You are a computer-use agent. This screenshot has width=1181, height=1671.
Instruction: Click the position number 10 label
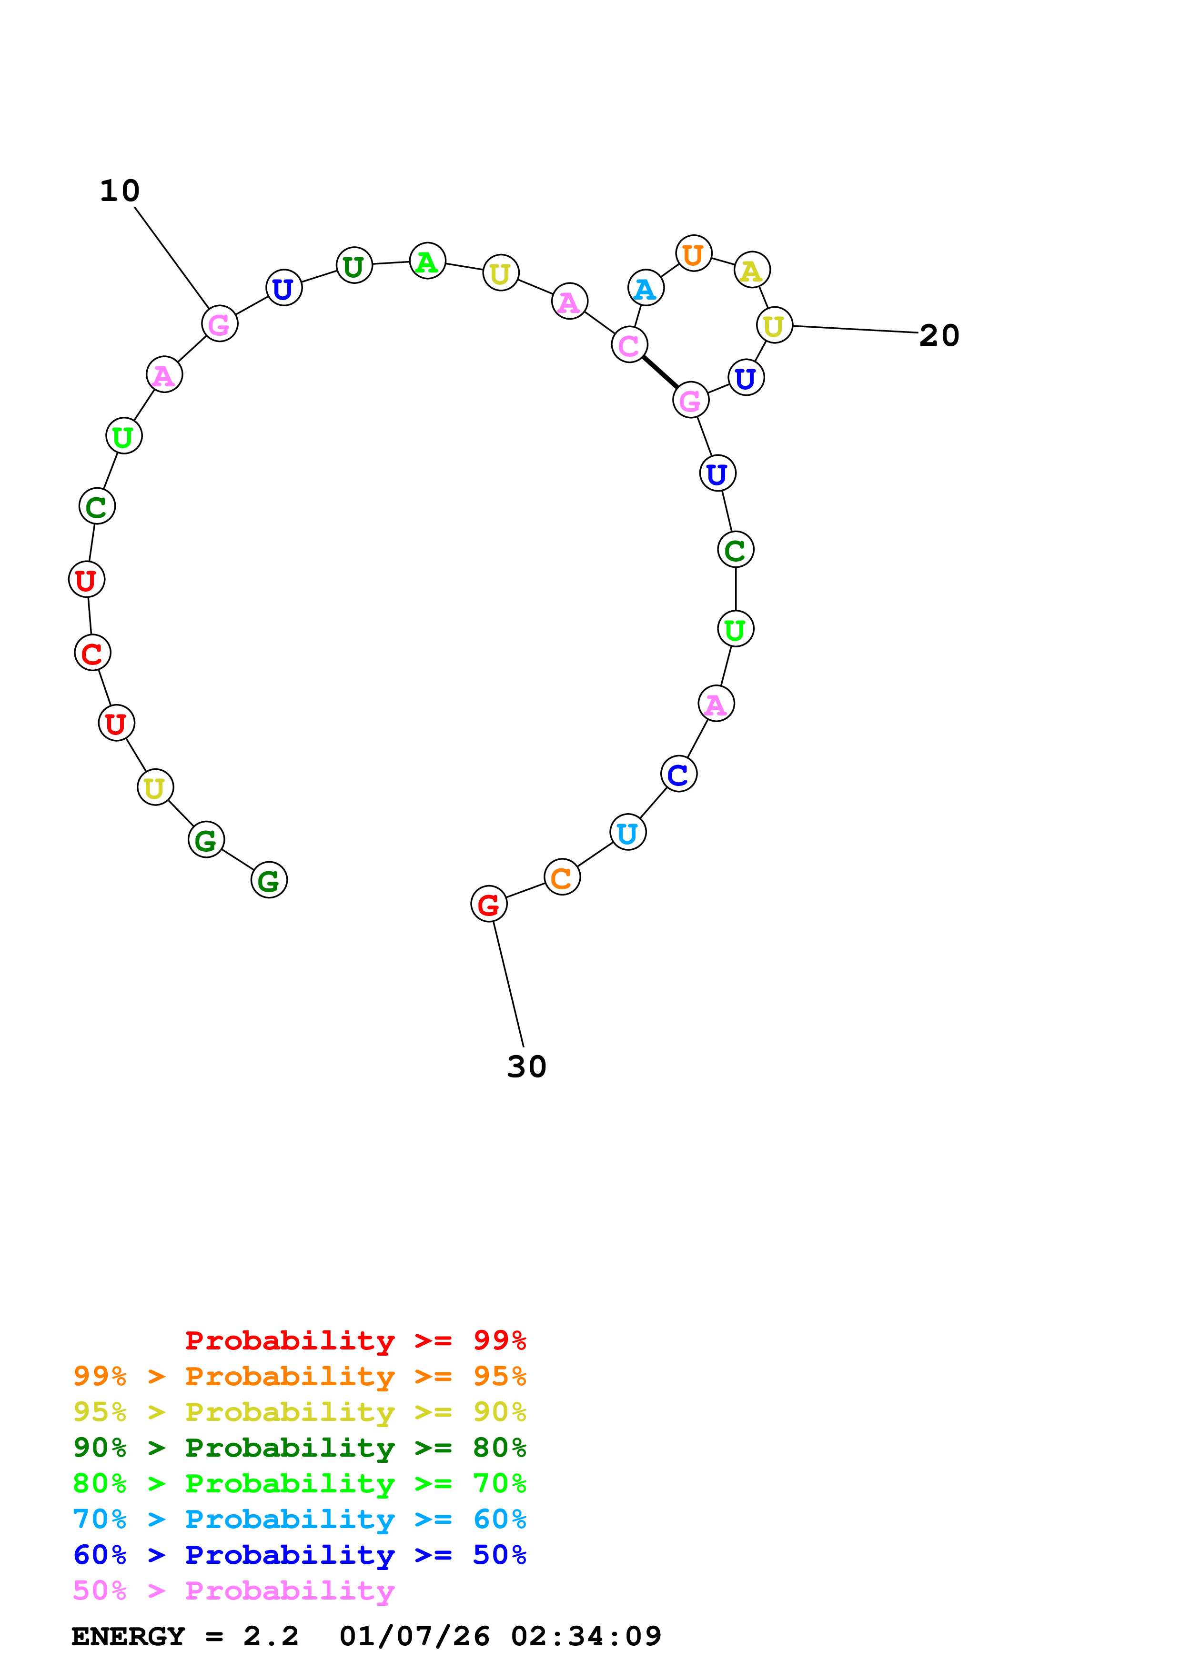point(119,191)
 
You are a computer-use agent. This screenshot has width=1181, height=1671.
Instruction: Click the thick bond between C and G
point(660,372)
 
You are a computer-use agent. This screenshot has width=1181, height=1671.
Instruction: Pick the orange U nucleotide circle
point(694,253)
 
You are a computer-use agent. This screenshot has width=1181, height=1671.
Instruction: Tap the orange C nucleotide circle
point(562,878)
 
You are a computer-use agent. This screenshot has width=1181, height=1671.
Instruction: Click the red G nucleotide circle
point(488,904)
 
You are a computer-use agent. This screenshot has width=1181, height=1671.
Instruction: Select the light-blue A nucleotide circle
point(646,288)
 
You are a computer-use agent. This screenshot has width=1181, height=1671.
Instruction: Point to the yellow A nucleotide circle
point(752,270)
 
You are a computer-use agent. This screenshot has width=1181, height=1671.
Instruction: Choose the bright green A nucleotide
point(427,261)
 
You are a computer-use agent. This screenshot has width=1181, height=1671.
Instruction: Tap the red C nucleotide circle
point(92,653)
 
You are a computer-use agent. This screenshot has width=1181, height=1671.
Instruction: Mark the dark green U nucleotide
point(353,266)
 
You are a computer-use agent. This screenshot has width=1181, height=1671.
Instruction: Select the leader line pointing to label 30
point(508,983)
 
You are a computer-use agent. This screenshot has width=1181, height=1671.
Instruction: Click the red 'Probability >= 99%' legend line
point(355,1340)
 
